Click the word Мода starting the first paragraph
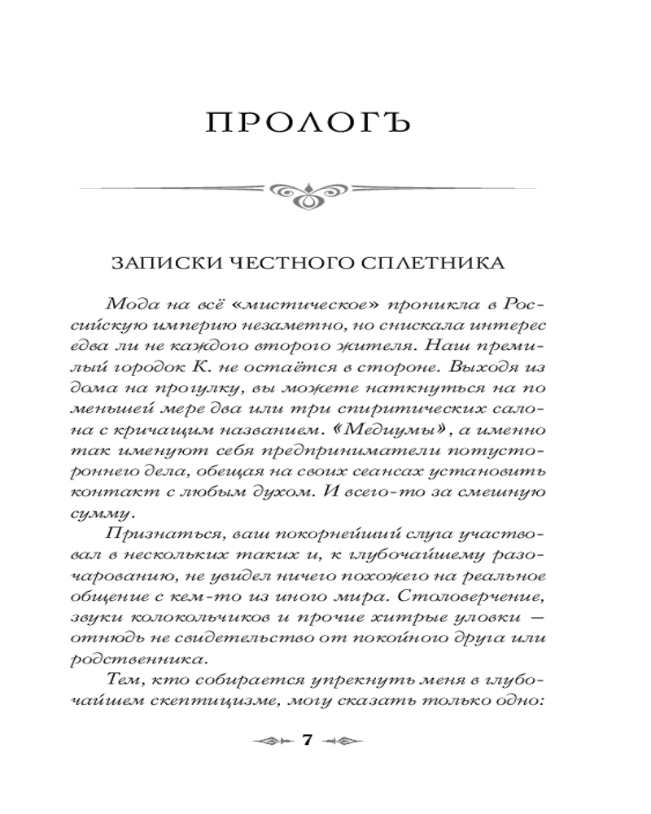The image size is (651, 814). [129, 304]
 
